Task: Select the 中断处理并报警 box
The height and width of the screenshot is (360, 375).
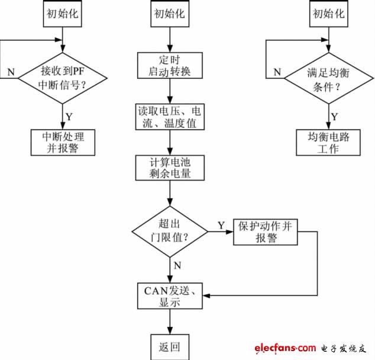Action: point(63,142)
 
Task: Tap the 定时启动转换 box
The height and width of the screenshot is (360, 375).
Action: point(170,66)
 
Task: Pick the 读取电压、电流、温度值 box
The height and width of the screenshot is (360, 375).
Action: point(170,117)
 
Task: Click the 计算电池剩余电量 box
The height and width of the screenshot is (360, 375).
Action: point(170,168)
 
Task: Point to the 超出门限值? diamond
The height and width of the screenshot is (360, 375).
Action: point(170,230)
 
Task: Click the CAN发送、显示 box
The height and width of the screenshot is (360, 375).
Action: point(170,295)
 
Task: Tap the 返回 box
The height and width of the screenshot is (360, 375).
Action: point(170,346)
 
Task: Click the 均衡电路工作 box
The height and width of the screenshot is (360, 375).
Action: point(328,142)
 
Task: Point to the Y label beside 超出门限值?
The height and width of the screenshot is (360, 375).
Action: point(221,224)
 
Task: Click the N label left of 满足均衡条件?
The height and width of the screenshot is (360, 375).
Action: point(276,72)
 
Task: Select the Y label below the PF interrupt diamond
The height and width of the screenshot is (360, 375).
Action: point(69,116)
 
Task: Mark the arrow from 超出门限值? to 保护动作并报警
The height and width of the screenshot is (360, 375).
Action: point(220,231)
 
